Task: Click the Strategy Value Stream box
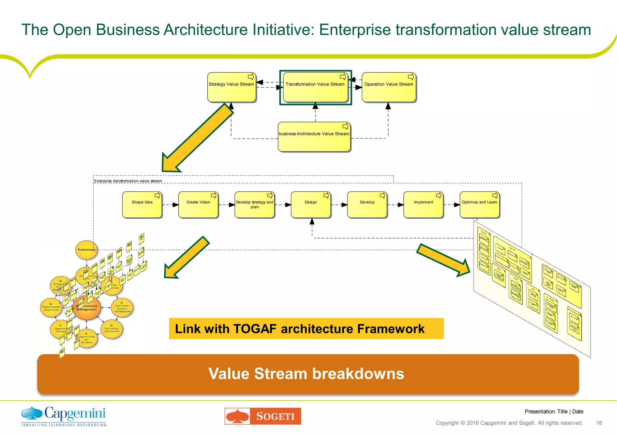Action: click(231, 87)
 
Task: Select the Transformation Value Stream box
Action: click(315, 87)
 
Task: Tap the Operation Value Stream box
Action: click(389, 87)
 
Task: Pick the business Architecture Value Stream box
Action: click(314, 137)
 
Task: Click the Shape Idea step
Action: click(142, 205)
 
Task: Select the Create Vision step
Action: click(198, 205)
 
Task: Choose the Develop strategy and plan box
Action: click(254, 205)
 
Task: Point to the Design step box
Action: click(311, 205)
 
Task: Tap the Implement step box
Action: click(423, 205)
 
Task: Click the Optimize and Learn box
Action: click(479, 205)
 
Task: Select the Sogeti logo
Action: click(263, 416)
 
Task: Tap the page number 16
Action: click(599, 423)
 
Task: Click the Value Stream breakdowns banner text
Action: click(306, 374)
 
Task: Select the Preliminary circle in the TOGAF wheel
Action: click(86, 250)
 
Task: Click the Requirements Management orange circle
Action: click(87, 308)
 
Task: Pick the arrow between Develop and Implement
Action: click(395, 205)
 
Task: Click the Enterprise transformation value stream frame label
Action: click(128, 181)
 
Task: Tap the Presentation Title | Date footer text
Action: click(554, 412)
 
